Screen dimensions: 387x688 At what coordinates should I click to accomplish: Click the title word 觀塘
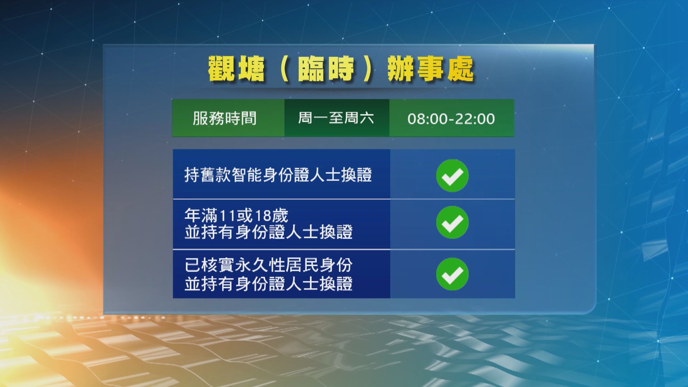pos(236,68)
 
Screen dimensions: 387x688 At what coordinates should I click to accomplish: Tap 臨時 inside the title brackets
pos(326,68)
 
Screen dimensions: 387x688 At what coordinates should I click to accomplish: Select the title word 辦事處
pos(430,68)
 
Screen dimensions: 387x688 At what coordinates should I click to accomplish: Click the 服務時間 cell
pos(225,118)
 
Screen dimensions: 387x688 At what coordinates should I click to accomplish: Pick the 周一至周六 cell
pos(336,118)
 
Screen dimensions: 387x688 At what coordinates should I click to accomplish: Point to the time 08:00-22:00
pos(451,119)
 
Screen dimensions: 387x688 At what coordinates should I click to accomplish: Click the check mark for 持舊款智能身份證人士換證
pos(452,176)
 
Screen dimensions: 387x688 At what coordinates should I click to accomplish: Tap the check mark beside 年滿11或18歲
pos(452,223)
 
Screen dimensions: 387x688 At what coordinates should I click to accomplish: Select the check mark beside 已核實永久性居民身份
pos(452,274)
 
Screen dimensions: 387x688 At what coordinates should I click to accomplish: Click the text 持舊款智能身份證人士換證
pos(278,175)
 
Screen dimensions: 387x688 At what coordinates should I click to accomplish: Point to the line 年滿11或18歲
pos(236,216)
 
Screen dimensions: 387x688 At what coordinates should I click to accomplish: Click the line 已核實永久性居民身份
pos(268,266)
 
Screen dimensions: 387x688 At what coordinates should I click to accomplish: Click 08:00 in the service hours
pos(424,119)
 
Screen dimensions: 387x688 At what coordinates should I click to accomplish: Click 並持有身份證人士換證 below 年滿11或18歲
pos(268,232)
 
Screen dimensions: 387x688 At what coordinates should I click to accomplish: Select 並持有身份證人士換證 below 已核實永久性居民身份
pos(268,284)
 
